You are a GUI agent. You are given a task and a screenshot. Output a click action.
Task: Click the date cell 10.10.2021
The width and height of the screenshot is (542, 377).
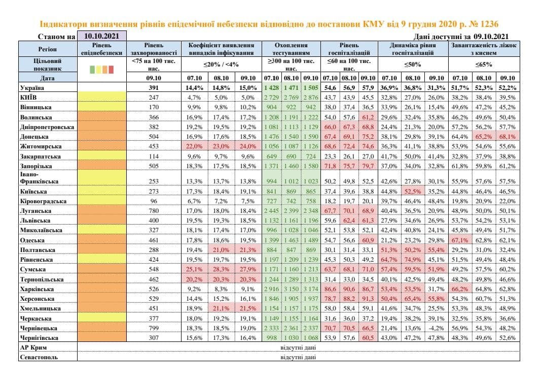tap(101, 37)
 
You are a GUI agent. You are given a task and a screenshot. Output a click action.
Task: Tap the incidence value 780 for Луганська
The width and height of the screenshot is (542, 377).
tap(153, 210)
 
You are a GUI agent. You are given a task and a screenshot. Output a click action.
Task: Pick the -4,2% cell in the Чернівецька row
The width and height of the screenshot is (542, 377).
tap(436, 328)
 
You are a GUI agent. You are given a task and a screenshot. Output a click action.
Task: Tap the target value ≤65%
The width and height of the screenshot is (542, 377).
tap(484, 65)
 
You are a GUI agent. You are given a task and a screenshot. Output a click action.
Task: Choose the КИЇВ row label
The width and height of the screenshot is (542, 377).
tap(29, 97)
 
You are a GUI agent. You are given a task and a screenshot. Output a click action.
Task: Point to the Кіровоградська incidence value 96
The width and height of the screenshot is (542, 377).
tap(153, 201)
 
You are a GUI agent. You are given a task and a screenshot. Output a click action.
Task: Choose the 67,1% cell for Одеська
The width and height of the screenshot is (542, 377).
tap(460, 240)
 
